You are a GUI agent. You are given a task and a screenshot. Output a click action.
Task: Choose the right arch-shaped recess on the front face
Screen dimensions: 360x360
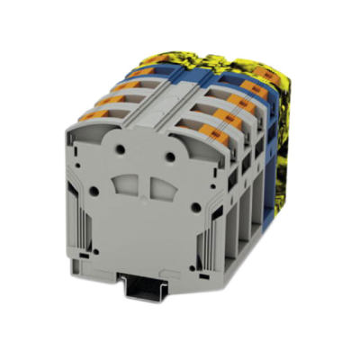click(x=160, y=192)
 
